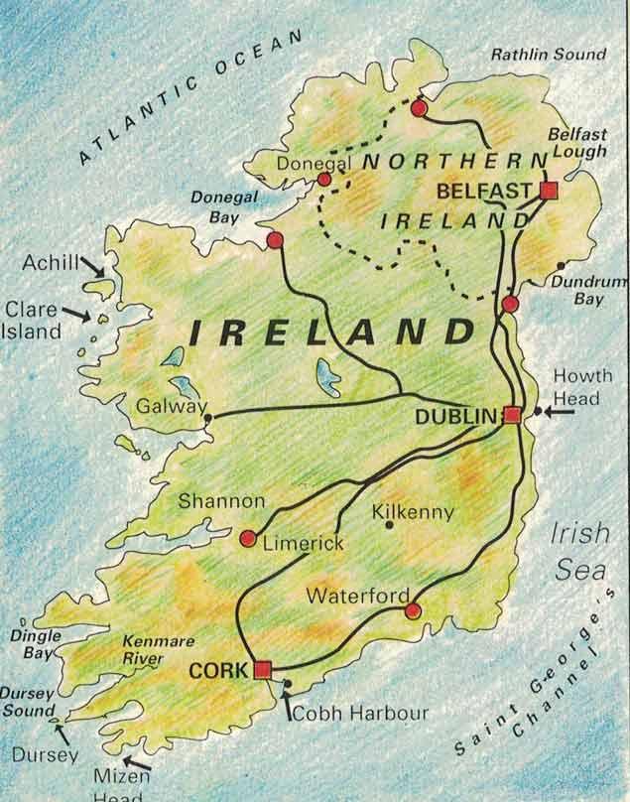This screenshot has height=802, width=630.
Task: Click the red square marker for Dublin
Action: click(x=512, y=415)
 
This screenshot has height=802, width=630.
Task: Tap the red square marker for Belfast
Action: click(x=549, y=191)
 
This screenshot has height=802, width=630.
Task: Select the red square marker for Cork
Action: click(x=262, y=669)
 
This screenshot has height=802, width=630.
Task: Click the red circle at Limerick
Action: click(x=247, y=538)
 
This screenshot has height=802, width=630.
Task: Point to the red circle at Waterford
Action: click(x=413, y=610)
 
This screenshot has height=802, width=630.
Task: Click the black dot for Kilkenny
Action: click(x=388, y=525)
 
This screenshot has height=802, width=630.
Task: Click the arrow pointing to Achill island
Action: click(x=92, y=266)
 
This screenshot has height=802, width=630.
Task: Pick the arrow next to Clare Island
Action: click(x=75, y=314)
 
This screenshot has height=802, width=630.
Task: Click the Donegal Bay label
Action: click(x=224, y=206)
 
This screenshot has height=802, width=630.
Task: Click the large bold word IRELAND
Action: click(x=332, y=332)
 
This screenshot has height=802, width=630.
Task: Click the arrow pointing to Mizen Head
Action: click(x=136, y=764)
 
